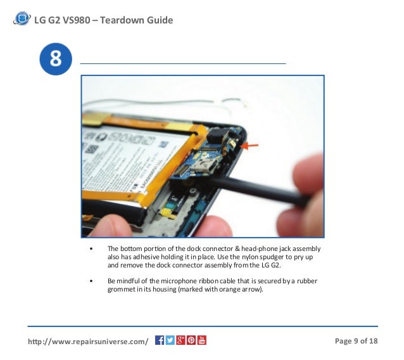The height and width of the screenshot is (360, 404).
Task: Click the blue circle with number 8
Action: (55, 60)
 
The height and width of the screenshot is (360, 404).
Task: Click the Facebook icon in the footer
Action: (160, 340)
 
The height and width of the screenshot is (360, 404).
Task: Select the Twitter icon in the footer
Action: (170, 340)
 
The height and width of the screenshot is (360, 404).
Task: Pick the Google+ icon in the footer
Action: (180, 340)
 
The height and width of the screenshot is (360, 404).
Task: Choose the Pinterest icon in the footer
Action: (191, 340)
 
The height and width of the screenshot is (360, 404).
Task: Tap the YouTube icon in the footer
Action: (202, 340)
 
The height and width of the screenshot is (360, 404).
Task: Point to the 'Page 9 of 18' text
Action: (356, 341)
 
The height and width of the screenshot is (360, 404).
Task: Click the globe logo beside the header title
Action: (22, 19)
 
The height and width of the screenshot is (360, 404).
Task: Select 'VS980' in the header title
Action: (74, 20)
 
